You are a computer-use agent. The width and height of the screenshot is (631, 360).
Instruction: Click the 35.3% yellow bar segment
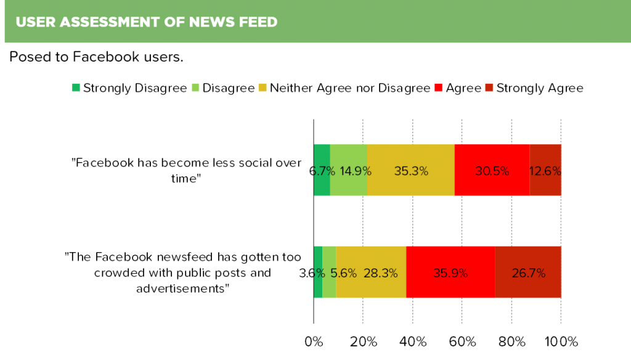(411, 170)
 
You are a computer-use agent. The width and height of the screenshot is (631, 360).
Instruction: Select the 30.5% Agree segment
(492, 170)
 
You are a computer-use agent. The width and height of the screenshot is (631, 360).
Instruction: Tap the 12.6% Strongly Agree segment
(546, 170)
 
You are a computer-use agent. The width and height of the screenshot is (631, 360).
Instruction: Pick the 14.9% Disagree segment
(349, 170)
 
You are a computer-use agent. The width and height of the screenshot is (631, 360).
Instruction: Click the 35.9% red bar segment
(450, 272)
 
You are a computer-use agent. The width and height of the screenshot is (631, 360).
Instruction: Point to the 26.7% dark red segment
(528, 272)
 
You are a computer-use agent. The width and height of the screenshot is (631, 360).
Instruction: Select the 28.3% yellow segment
(372, 272)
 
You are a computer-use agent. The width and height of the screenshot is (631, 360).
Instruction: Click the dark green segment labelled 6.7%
(322, 170)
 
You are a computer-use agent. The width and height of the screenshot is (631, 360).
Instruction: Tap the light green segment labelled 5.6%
(330, 272)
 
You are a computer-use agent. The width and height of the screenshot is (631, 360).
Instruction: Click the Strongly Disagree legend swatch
(76, 88)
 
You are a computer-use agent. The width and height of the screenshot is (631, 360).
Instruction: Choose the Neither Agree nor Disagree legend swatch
(263, 88)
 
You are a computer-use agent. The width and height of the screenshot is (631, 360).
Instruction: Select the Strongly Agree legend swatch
(489, 88)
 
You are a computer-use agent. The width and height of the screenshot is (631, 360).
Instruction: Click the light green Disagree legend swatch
(195, 88)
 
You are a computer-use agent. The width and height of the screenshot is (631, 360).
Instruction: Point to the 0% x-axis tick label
(314, 342)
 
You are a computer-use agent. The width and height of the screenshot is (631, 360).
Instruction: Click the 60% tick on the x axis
(462, 342)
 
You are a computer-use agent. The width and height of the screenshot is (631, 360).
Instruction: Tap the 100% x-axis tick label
(561, 342)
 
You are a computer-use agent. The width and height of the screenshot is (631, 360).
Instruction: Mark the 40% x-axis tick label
(412, 342)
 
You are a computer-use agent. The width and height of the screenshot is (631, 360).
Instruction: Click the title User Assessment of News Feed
(147, 22)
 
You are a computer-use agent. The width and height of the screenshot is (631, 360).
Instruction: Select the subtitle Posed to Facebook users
(96, 57)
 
